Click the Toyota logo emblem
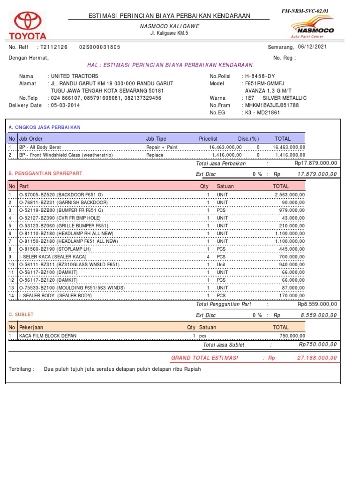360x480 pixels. click(x=28, y=22)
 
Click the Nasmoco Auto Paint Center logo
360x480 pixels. click(x=313, y=27)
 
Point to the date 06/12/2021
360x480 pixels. click(x=313, y=47)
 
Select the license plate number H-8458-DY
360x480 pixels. click(x=260, y=76)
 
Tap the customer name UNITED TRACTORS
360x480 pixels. click(x=75, y=76)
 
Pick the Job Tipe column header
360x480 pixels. click(x=156, y=139)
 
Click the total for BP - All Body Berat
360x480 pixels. click(x=289, y=147)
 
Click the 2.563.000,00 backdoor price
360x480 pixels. click(x=289, y=195)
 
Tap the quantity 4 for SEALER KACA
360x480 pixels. click(x=208, y=257)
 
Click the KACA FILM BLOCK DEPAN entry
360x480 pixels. click(x=47, y=336)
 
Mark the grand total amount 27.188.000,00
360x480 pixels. click(x=317, y=358)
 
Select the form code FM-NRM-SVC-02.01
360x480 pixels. click(x=312, y=10)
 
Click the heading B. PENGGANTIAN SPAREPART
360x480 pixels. click(x=45, y=173)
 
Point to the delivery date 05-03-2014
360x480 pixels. click(x=64, y=105)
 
